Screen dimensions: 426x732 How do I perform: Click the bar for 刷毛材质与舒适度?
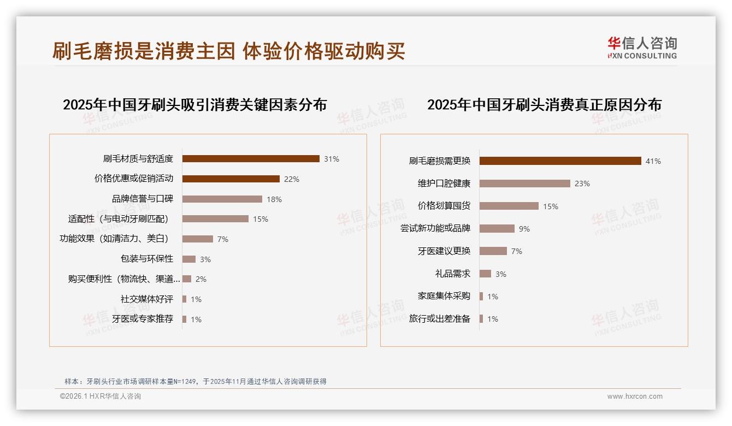[x=251, y=159]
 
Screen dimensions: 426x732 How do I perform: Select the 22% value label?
[x=292, y=179]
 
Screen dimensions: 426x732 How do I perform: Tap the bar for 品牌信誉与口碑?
[x=222, y=199]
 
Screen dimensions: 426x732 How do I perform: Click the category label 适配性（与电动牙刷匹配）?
[x=118, y=219]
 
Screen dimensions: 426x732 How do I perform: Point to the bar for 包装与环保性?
[x=188, y=259]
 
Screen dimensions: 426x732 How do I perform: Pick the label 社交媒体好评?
[x=146, y=299]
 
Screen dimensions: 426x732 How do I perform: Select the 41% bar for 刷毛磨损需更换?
[x=560, y=161]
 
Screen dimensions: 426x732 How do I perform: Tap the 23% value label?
[x=582, y=184]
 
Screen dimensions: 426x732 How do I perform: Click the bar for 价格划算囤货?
[x=509, y=206]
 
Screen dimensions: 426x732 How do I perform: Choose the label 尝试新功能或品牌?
[x=435, y=228]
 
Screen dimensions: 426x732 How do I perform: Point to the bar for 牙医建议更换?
[x=493, y=251]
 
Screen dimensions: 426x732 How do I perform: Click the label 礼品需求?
[x=452, y=274]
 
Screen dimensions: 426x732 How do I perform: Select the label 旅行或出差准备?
[x=439, y=319]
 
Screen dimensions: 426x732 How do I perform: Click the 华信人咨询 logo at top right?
[x=642, y=48]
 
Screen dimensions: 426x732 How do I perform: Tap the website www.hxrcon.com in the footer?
[x=635, y=397]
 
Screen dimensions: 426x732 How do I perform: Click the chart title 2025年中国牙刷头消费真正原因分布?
[x=544, y=105]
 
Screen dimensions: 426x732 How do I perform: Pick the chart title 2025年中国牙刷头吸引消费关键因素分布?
[x=194, y=105]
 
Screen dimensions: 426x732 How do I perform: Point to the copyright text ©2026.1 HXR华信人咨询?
[x=101, y=397]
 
